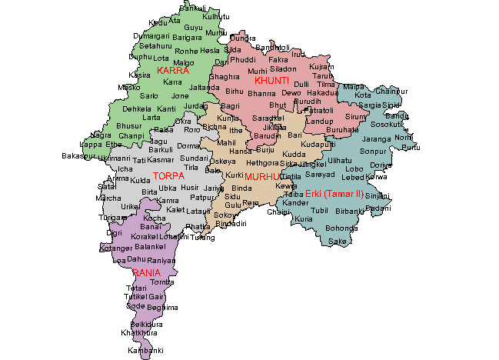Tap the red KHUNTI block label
pyautogui.click(x=272, y=80)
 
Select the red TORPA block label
pyautogui.click(x=168, y=176)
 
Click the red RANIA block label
pyautogui.click(x=146, y=272)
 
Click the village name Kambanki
pyautogui.click(x=146, y=351)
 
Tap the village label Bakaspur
pyautogui.click(x=78, y=155)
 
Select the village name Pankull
pyautogui.click(x=192, y=8)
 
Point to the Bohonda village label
pyautogui.click(x=341, y=228)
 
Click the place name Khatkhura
pyautogui.click(x=138, y=333)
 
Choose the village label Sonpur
pyautogui.click(x=372, y=153)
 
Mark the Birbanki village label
pyautogui.click(x=349, y=210)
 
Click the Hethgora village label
pyautogui.click(x=262, y=163)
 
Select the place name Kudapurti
pyautogui.click(x=318, y=145)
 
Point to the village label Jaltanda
pyautogui.click(x=204, y=87)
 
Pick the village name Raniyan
pyautogui.click(x=161, y=260)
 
